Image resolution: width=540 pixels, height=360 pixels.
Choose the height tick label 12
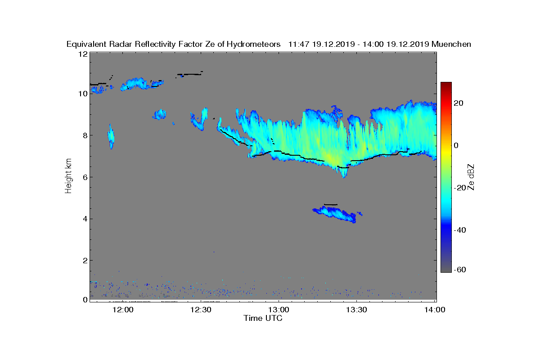click(x=82, y=54)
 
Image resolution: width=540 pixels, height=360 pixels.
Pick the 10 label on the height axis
click(x=82, y=94)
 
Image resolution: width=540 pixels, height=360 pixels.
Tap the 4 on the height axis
click(x=84, y=219)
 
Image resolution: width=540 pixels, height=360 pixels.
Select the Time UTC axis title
click(x=263, y=318)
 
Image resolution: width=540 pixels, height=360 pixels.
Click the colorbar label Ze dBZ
click(x=471, y=177)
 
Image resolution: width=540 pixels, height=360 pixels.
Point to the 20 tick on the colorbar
click(x=458, y=103)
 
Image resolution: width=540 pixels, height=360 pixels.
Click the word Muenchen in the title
click(x=451, y=44)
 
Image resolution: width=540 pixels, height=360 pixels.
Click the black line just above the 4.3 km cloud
click(x=330, y=204)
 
